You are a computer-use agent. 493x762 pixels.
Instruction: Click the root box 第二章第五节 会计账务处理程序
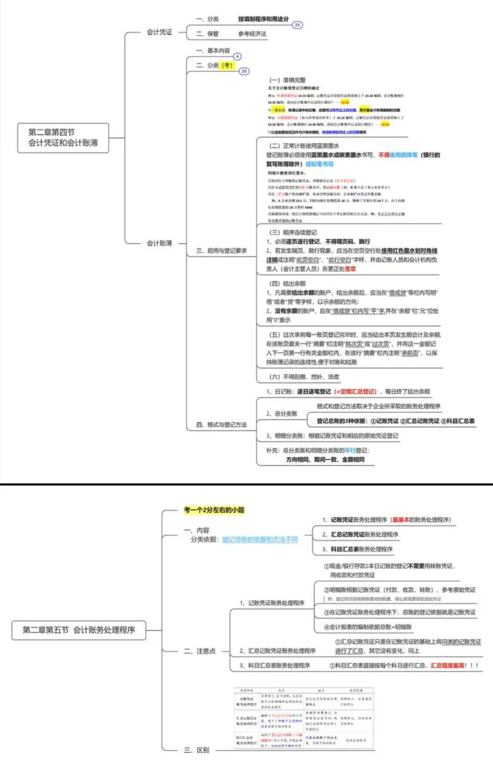tap(79, 629)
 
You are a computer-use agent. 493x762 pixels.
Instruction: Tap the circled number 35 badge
tap(297, 25)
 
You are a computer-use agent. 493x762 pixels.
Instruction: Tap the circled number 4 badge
tap(237, 57)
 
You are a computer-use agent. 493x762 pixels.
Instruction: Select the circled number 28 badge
tap(244, 71)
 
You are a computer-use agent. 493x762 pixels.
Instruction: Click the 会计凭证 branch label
tap(159, 32)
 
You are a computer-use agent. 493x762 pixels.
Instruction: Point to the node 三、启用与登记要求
tap(221, 251)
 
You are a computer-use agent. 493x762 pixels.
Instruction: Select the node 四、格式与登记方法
tap(221, 425)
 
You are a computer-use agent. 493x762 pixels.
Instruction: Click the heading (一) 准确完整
tap(287, 80)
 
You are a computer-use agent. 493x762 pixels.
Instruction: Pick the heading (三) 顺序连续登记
tap(293, 232)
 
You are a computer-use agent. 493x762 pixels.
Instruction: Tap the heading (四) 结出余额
tap(287, 283)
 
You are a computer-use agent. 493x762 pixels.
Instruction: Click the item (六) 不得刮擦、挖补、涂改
tap(304, 377)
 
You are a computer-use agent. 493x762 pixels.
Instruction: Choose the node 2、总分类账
tap(282, 413)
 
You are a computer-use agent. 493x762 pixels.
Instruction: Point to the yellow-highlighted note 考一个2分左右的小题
tap(214, 510)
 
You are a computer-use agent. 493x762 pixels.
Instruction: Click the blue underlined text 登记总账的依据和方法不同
tap(260, 539)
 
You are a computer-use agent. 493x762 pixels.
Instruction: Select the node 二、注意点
tap(200, 651)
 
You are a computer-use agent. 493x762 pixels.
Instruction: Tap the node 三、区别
tap(197, 750)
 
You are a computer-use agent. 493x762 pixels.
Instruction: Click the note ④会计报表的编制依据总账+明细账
tap(368, 627)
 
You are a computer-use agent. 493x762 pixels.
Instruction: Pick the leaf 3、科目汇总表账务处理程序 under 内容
tap(358, 549)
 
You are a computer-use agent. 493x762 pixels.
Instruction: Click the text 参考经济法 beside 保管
tap(252, 34)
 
